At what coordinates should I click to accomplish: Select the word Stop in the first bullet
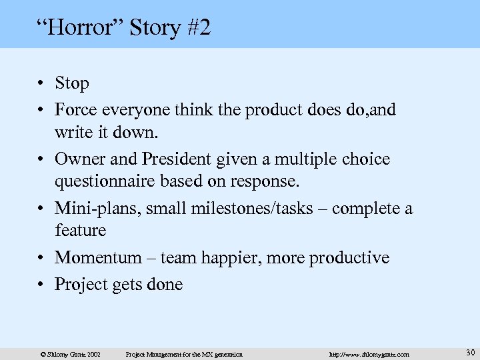71,83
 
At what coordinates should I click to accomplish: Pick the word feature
80,231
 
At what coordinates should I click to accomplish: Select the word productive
349,257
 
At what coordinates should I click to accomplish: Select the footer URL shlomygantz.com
369,354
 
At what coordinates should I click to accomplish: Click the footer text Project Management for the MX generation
184,354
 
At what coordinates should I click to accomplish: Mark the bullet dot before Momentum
42,258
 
